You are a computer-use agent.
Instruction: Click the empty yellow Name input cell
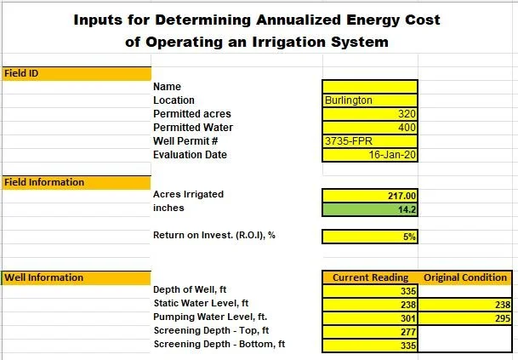[x=370, y=87]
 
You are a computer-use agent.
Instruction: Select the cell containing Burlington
[x=370, y=100]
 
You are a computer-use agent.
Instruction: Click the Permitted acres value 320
[x=370, y=114]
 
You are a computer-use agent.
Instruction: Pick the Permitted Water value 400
[x=370, y=128]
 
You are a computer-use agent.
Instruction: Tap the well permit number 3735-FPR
[x=370, y=141]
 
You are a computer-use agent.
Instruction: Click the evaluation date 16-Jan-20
[x=370, y=155]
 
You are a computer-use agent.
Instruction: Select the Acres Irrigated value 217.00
[x=370, y=195]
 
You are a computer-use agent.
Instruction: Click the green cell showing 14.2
[x=370, y=209]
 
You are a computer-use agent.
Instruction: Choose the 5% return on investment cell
[x=370, y=237]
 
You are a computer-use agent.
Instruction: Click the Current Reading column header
[x=370, y=277]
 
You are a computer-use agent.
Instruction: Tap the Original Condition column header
[x=464, y=277]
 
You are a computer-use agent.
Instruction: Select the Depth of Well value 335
[x=370, y=291]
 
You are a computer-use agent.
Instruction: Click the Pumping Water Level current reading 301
[x=370, y=318]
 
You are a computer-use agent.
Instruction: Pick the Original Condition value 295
[x=464, y=318]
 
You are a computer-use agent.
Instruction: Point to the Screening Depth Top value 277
[x=370, y=332]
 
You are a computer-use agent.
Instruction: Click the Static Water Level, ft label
[x=201, y=304]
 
